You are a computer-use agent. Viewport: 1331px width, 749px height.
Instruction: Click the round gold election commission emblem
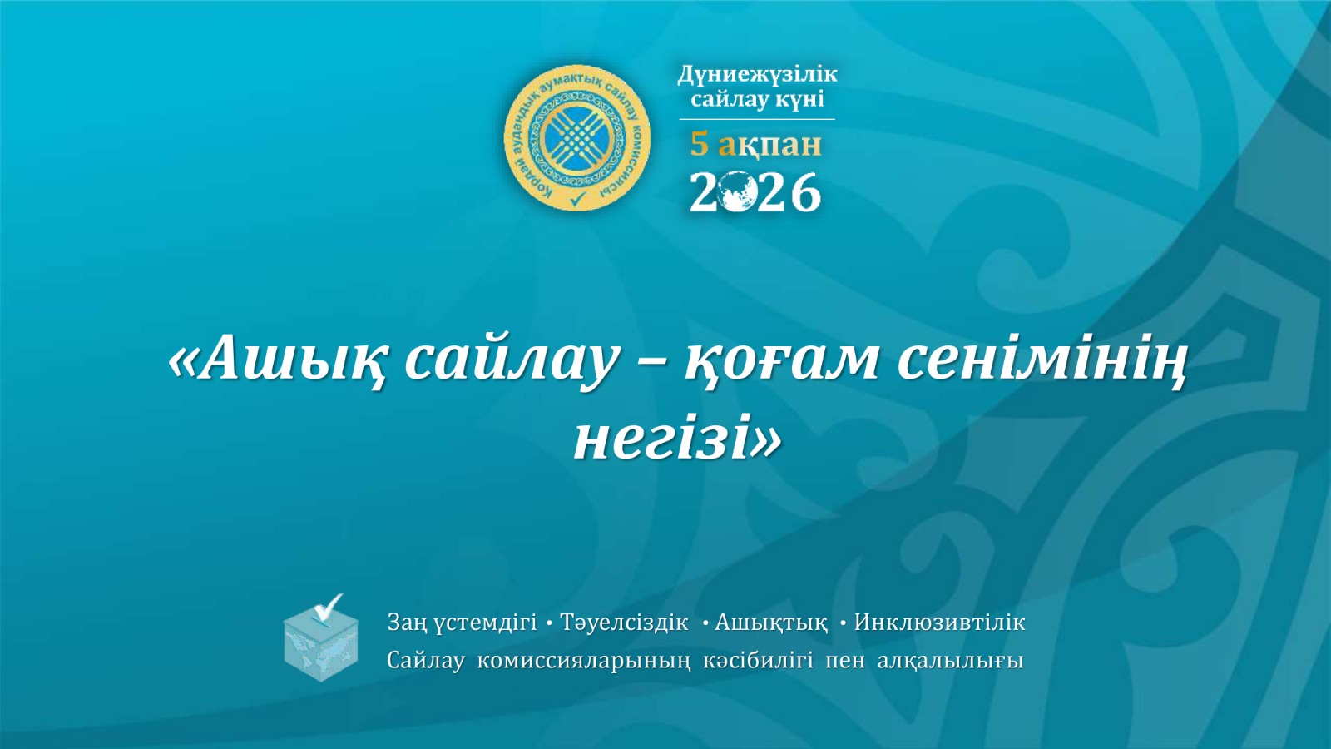click(577, 137)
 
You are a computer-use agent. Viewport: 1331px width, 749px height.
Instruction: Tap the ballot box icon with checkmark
click(321, 639)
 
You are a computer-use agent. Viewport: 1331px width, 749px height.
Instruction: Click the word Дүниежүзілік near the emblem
click(757, 74)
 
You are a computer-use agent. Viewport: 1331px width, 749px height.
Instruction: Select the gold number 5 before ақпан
click(699, 144)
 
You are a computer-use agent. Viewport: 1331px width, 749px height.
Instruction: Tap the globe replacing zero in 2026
click(736, 193)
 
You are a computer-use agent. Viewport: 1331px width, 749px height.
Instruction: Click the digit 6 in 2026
click(804, 193)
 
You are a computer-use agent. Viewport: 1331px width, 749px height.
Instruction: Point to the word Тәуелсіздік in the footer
click(624, 623)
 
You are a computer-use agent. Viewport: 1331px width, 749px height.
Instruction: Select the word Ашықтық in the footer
click(771, 623)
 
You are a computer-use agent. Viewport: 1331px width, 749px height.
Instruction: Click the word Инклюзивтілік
click(939, 623)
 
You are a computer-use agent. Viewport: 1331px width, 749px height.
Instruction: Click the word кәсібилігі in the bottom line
click(758, 661)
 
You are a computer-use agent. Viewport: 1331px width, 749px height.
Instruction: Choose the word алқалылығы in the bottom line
click(950, 661)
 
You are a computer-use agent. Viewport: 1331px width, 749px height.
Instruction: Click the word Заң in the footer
click(407, 623)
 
